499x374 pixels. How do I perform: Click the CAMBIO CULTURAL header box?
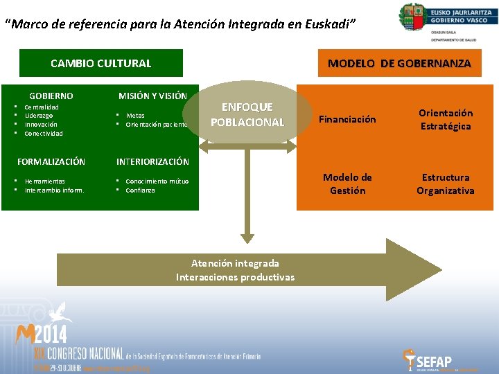click(x=100, y=63)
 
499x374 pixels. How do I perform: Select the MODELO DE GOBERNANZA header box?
click(x=399, y=63)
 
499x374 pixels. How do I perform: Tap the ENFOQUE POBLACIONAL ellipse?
click(x=247, y=115)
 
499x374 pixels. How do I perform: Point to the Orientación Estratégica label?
click(x=445, y=119)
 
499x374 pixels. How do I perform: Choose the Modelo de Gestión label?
click(x=347, y=184)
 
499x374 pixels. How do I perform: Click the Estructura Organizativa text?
click(x=445, y=184)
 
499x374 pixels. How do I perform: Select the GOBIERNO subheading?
click(x=51, y=96)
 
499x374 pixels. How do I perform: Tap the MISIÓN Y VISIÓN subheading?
click(x=152, y=96)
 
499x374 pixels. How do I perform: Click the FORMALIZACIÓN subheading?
click(x=51, y=161)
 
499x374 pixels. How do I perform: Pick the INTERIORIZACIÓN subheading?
click(x=152, y=161)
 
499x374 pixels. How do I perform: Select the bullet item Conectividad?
click(x=43, y=133)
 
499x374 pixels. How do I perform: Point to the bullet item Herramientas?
click(x=45, y=181)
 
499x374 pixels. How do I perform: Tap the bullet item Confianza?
click(x=140, y=190)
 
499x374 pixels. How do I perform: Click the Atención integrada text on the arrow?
click(x=235, y=263)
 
